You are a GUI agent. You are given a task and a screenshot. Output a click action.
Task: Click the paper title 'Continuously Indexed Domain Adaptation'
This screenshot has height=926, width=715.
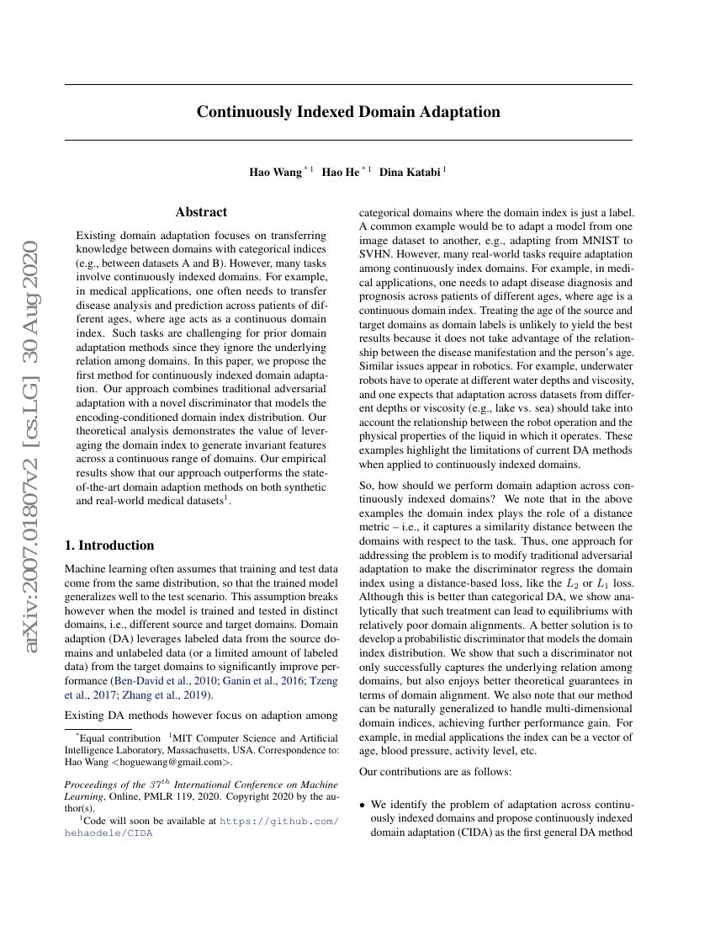coord(348,112)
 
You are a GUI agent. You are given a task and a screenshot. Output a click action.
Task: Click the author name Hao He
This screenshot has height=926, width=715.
coord(341,173)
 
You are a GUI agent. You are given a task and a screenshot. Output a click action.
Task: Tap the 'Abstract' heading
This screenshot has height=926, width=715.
coord(201,212)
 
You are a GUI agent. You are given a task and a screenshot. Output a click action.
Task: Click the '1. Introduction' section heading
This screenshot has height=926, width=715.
coord(109,545)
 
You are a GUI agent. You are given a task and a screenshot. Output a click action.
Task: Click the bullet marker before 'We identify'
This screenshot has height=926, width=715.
coord(363,806)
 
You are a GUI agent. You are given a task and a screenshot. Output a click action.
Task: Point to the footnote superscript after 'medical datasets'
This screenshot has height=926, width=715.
coord(226,498)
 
